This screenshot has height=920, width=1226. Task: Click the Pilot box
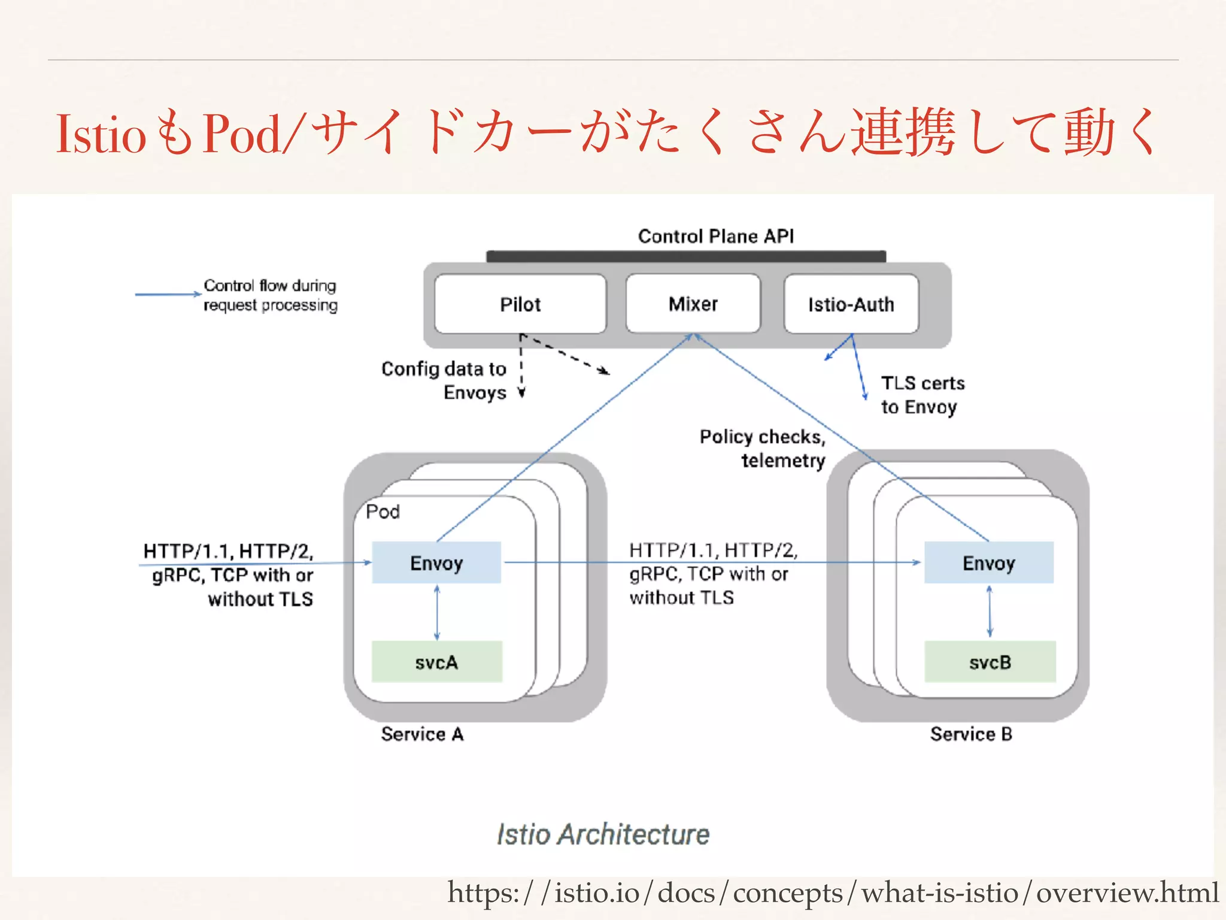click(x=520, y=304)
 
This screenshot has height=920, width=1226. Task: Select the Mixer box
click(x=693, y=304)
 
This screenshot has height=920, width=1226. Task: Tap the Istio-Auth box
click(x=851, y=304)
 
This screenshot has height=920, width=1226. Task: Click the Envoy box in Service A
click(x=436, y=563)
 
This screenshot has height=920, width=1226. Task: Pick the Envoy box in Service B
click(x=988, y=563)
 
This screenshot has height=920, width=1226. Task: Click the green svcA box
click(x=436, y=662)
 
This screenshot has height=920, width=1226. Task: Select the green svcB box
click(x=990, y=662)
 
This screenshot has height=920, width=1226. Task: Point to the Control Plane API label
click(x=716, y=236)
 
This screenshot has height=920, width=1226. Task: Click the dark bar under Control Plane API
click(x=686, y=256)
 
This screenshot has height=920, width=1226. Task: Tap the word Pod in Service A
click(x=383, y=512)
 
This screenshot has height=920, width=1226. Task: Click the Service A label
click(x=422, y=734)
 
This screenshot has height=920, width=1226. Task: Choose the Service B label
click(x=971, y=734)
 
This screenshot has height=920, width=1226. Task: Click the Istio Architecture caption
click(x=603, y=834)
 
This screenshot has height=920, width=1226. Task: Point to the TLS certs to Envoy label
click(x=922, y=395)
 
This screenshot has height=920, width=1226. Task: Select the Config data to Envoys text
click(x=444, y=380)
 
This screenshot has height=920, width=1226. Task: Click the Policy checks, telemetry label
click(x=763, y=448)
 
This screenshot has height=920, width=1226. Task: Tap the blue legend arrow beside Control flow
click(x=168, y=294)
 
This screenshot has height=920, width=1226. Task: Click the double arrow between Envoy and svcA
click(x=437, y=613)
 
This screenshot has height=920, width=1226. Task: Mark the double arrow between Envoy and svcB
click(x=989, y=612)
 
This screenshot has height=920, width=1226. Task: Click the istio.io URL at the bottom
click(x=832, y=893)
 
